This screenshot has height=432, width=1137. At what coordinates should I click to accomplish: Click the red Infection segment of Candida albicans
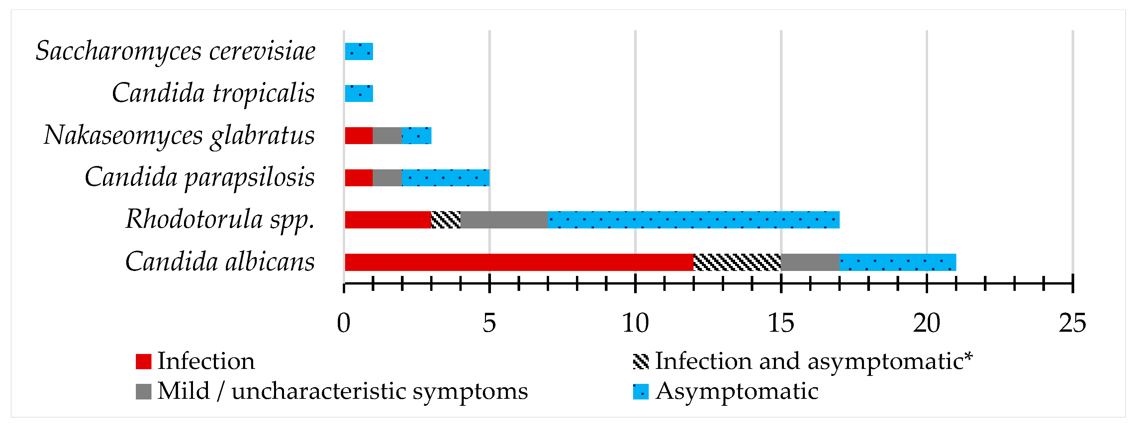point(519,262)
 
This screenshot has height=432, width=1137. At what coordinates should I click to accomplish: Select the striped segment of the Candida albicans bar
point(737,262)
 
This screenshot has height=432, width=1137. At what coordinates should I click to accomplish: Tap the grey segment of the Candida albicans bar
point(810,262)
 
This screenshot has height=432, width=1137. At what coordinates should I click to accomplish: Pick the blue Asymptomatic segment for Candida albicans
point(897,262)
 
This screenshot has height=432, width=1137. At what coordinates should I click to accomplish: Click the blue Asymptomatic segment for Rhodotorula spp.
point(693,220)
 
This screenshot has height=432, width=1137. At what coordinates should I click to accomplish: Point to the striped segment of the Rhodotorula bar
point(446,220)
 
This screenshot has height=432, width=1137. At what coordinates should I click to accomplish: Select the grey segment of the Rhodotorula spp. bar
point(504,220)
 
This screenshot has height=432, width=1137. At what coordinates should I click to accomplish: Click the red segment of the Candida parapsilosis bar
point(358,178)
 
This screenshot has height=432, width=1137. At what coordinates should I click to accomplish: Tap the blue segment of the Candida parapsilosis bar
point(445,178)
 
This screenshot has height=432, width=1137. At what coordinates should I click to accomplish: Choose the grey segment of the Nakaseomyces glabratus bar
point(387,135)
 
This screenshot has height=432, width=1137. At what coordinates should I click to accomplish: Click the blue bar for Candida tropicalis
point(358,94)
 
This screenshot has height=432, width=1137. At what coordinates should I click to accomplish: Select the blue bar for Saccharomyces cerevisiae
point(358,51)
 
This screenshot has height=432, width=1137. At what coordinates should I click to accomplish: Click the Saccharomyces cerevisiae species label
point(176,51)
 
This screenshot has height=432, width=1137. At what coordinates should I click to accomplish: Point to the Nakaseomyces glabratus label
point(179,135)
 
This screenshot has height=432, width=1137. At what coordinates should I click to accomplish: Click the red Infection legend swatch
point(143,361)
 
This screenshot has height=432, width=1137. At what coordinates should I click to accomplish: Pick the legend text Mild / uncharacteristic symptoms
point(342,391)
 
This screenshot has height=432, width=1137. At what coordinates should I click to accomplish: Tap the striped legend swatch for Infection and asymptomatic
point(640,361)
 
